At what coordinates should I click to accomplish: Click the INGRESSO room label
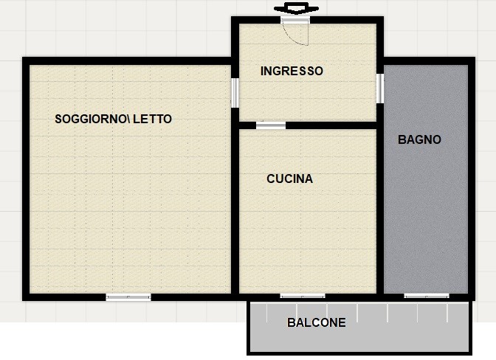(x=292, y=71)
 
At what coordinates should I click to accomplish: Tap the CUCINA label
(x=289, y=179)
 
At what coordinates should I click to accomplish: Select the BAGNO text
(x=419, y=139)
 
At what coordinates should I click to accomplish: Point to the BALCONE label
(x=317, y=322)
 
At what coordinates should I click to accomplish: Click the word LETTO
(x=153, y=120)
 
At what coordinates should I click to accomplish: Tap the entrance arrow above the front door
(x=296, y=8)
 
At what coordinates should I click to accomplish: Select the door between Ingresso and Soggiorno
(x=235, y=93)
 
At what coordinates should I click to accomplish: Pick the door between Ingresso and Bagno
(x=380, y=89)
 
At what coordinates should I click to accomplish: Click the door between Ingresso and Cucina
(x=271, y=125)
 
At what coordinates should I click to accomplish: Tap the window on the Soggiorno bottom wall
(x=128, y=297)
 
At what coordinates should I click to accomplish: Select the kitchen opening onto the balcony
(x=303, y=297)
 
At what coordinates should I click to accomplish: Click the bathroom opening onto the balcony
(x=427, y=297)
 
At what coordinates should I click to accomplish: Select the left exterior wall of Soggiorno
(x=26, y=179)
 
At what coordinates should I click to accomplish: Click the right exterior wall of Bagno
(x=472, y=179)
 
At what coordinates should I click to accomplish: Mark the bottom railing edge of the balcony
(x=359, y=353)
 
